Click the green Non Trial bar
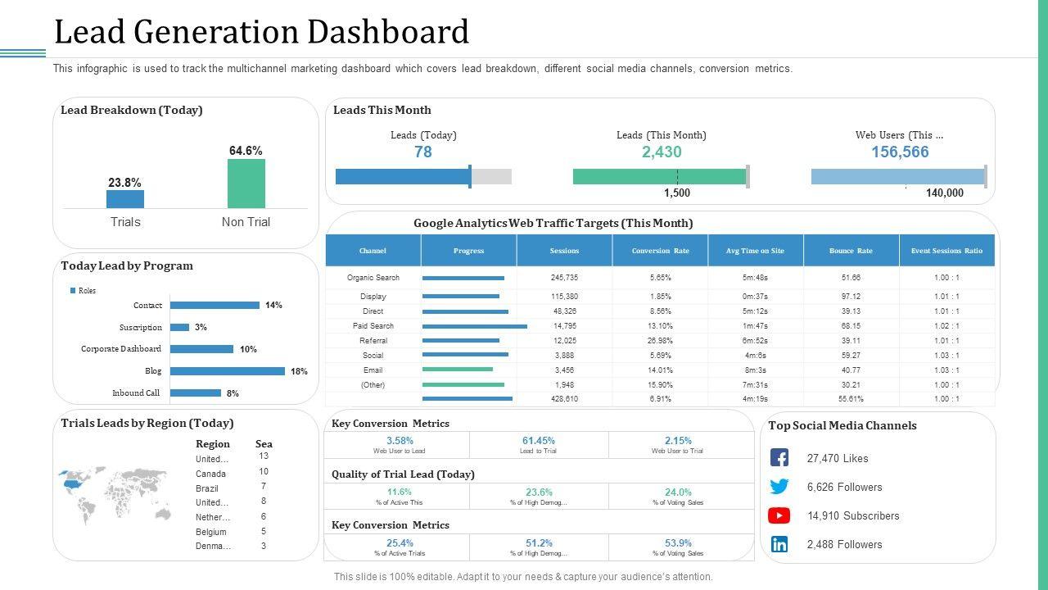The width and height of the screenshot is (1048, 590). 246,184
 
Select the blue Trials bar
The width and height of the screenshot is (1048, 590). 125,199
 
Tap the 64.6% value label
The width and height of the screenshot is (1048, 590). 246,151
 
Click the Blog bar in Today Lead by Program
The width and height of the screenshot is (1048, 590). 227,371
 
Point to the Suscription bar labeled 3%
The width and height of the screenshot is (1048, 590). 179,327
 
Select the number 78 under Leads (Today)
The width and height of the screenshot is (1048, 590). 423,152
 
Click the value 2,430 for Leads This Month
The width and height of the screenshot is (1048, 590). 662,152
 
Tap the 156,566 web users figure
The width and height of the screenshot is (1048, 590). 900,152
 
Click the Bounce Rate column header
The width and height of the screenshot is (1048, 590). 851,251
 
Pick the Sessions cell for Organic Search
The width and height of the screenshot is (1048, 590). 564,278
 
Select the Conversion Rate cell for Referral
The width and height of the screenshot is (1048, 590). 660,341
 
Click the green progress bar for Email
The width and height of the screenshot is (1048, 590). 458,370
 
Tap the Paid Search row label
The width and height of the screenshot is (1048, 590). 373,326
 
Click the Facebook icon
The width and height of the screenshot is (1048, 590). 779,458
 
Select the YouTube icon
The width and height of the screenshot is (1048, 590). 779,515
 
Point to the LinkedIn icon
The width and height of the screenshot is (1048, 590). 779,544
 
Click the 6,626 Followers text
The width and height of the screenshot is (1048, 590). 844,487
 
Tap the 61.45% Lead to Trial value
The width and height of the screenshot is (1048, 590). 539,441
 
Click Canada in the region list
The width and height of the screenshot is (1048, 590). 210,474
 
